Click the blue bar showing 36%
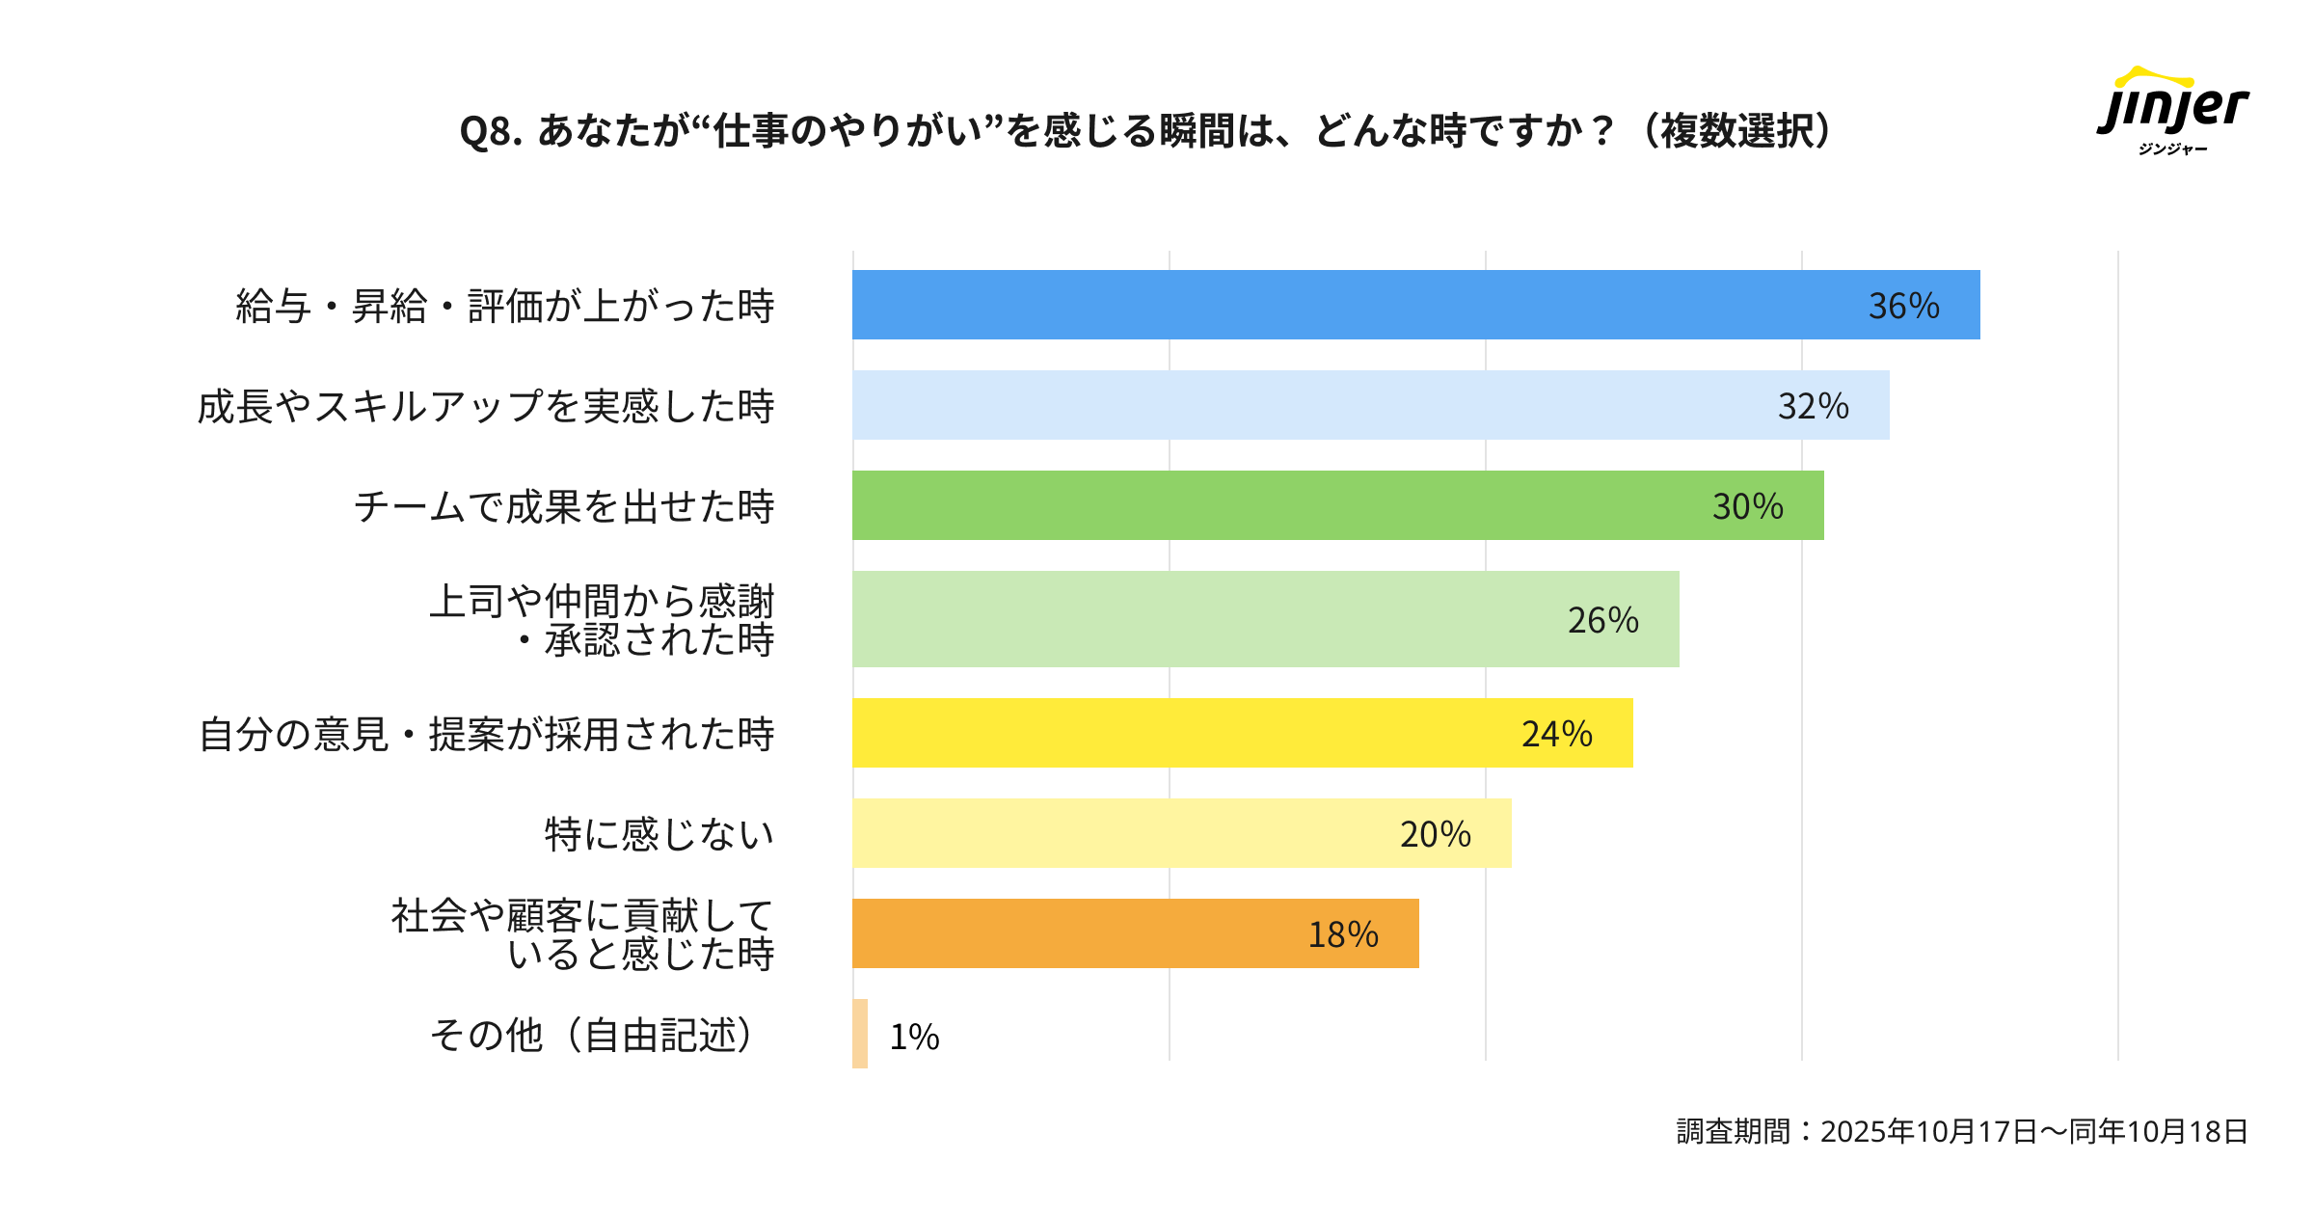click(x=1350, y=305)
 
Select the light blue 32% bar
click(x=1302, y=405)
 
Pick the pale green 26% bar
click(x=1205, y=619)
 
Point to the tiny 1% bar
click(x=860, y=1034)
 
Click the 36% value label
click(x=1903, y=306)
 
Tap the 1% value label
click(x=914, y=1037)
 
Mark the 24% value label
click(x=1556, y=734)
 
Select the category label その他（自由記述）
click(x=591, y=1035)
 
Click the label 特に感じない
click(x=659, y=834)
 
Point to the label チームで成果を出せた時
click(x=564, y=506)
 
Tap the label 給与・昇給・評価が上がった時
click(x=505, y=306)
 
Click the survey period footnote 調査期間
click(x=1962, y=1131)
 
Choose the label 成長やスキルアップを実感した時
click(x=486, y=406)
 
